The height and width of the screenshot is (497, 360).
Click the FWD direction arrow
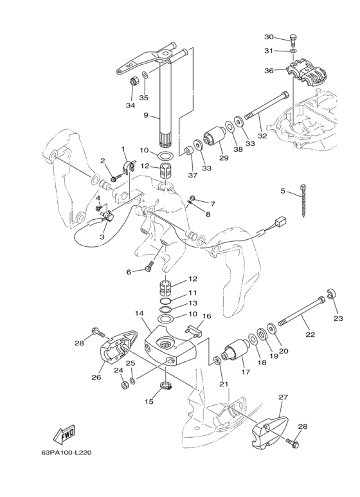tap(64, 434)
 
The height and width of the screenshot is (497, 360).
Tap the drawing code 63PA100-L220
tap(66, 452)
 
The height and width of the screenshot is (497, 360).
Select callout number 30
tap(269, 37)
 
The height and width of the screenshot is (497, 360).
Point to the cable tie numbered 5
tap(303, 200)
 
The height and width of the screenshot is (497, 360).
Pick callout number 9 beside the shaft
tap(146, 114)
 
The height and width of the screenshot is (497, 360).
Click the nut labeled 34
tap(134, 82)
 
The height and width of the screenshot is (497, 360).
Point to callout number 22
tap(310, 334)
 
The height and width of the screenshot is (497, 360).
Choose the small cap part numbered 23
tap(331, 294)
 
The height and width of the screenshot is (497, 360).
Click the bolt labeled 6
tap(148, 266)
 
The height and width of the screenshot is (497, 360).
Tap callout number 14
tap(139, 313)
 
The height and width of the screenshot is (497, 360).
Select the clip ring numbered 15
tap(166, 386)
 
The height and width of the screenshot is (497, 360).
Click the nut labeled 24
tap(124, 385)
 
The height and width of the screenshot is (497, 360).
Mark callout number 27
tap(283, 397)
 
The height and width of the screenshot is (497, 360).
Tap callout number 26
tap(96, 377)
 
